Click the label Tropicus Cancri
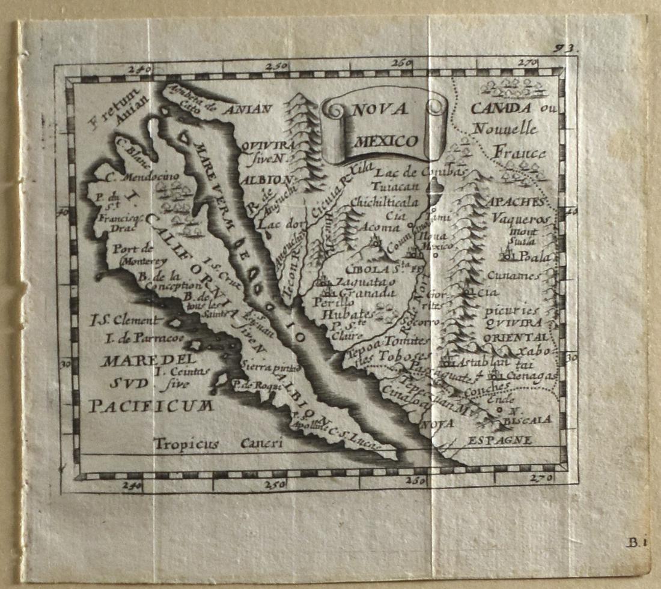click(x=217, y=444)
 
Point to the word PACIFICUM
click(x=151, y=406)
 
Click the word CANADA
click(x=501, y=109)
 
